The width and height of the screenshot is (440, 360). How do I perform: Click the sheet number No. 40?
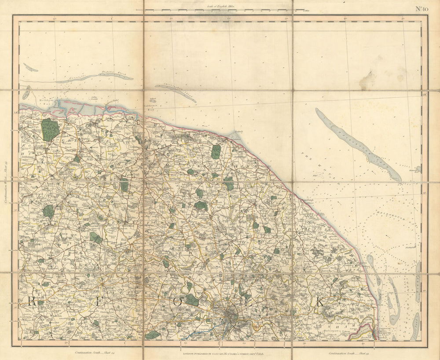422,8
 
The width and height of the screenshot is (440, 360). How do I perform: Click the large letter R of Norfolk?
32,301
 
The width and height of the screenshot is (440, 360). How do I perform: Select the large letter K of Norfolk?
320,302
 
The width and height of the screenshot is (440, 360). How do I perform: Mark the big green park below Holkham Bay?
50,129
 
